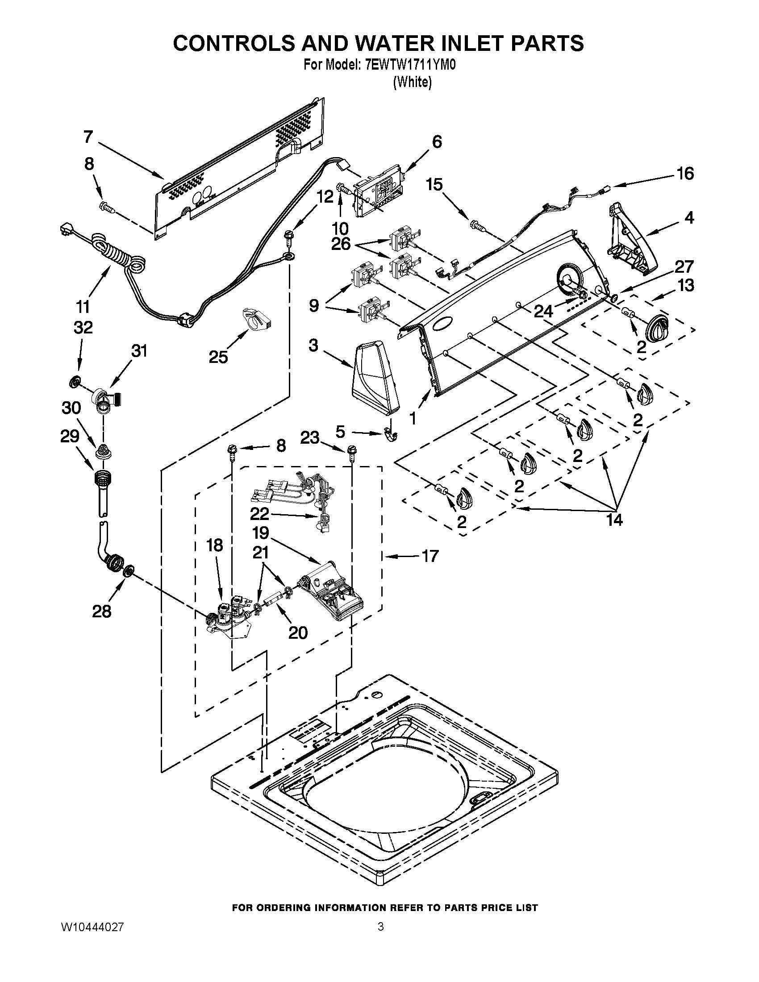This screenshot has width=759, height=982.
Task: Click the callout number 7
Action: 88,137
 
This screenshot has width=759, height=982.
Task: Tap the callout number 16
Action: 685,173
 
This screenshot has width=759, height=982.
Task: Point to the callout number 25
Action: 218,357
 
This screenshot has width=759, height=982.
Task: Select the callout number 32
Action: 83,327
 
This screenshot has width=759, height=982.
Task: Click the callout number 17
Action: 430,556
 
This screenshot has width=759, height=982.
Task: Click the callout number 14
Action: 614,520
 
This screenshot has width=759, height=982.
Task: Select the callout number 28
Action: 101,611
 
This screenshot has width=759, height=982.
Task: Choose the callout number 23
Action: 310,437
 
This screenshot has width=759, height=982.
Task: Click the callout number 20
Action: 297,632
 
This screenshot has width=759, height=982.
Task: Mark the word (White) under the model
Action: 413,83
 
